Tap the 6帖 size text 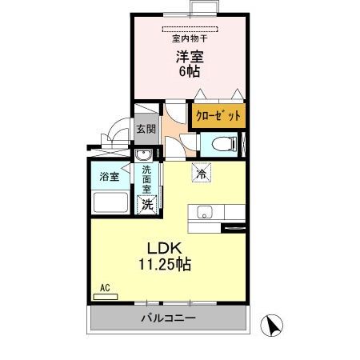tap(189, 71)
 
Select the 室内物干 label tap(189, 38)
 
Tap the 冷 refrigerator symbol tap(200, 171)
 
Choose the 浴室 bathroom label tap(110, 177)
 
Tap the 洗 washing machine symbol tap(147, 205)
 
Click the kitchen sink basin tap(203, 213)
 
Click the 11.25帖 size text tap(166, 264)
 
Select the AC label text tap(104, 286)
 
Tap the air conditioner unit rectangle tap(105, 296)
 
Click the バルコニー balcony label tap(169, 318)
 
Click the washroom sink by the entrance tap(144, 155)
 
